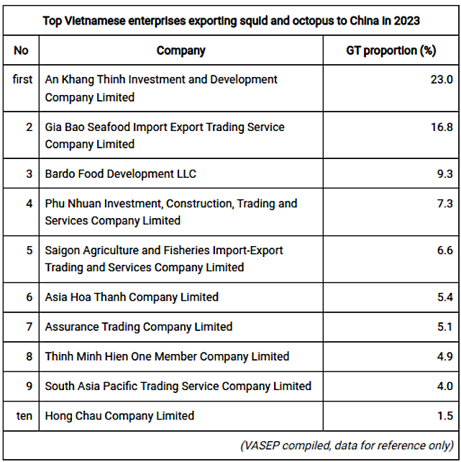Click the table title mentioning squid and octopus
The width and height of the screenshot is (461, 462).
coord(230,21)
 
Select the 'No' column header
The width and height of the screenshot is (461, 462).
coord(22,50)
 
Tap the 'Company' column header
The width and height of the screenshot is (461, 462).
coord(181,50)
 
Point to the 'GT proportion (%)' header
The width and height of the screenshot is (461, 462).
coord(391,50)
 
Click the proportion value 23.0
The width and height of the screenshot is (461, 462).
coord(441,80)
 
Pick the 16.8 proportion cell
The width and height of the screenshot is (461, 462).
coord(441,127)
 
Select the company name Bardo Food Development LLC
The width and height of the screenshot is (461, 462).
coord(120,173)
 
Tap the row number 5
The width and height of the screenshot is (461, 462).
coord(29,250)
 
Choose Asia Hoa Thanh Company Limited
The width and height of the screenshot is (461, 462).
coord(132,296)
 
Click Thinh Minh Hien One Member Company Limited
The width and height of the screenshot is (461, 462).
coord(167,356)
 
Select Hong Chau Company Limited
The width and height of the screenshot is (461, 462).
coord(119,415)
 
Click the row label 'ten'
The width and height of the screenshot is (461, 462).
coord(24,415)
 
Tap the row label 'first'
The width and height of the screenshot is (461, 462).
coord(22,79)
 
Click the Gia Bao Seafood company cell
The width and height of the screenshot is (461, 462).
coord(165,135)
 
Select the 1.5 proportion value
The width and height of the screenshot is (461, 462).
coord(445,416)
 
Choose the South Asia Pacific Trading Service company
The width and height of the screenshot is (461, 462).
coord(178,386)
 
